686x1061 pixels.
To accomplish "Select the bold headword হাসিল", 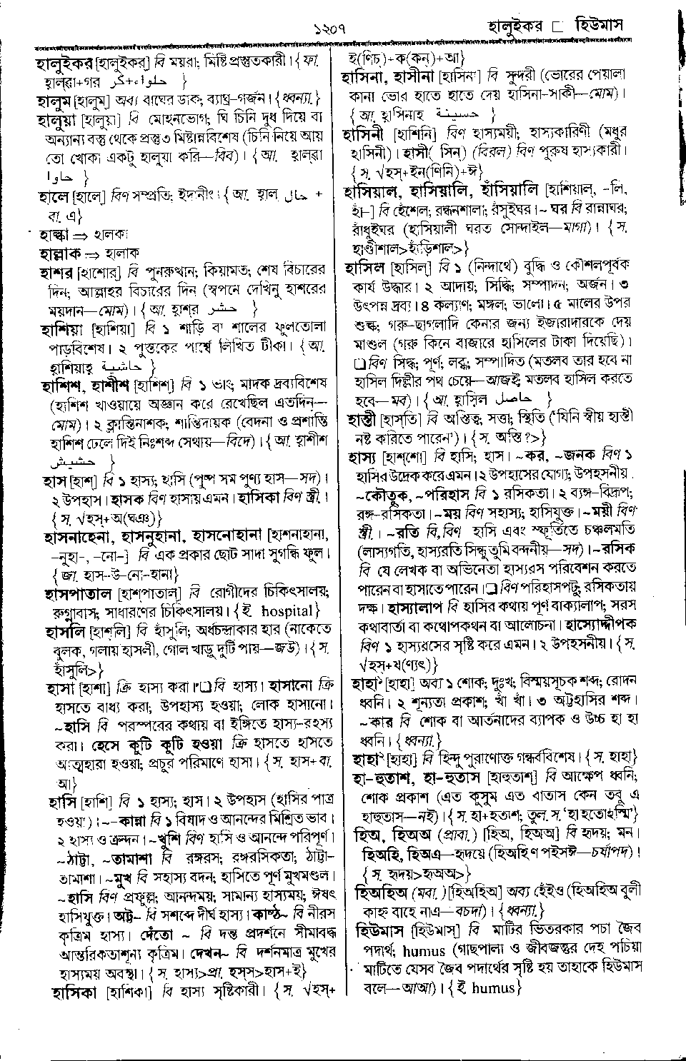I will click(366, 268).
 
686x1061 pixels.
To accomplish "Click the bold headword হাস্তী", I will click(364, 418).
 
